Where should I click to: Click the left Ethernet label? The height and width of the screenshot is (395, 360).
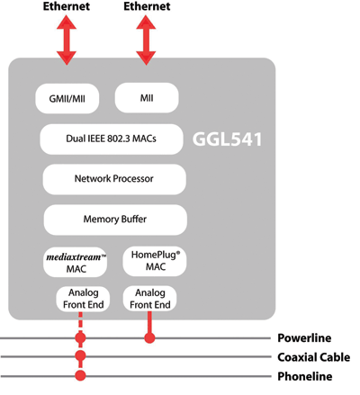click(67, 8)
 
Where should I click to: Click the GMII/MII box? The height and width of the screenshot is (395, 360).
click(68, 98)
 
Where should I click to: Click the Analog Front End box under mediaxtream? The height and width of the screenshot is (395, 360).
click(81, 299)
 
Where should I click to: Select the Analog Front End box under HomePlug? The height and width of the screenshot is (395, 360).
click(148, 299)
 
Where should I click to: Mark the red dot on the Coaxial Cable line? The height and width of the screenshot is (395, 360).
click(81, 357)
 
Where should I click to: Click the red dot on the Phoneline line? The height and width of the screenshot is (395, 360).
click(81, 375)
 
